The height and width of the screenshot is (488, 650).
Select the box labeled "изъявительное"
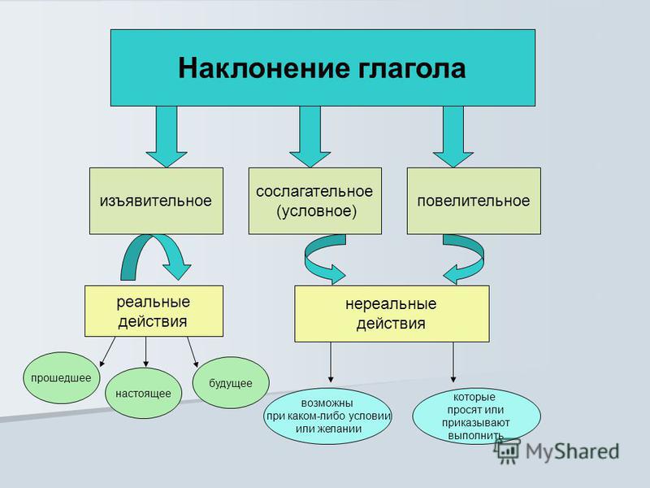tap(156, 201)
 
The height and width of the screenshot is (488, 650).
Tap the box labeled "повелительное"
tap(474, 201)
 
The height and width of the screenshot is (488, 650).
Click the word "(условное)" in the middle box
tap(316, 211)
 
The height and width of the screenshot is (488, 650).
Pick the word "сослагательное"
tap(314, 191)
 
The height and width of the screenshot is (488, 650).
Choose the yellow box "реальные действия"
tap(154, 311)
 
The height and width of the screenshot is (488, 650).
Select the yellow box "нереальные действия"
tap(392, 314)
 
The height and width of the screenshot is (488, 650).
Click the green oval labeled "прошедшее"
tap(62, 378)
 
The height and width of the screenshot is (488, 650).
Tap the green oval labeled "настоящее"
tap(144, 393)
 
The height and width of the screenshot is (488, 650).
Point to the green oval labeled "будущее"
tap(231, 382)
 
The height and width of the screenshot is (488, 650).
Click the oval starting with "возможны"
tap(328, 416)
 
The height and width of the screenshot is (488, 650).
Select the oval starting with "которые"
tap(476, 416)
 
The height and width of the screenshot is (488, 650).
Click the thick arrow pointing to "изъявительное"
tap(167, 137)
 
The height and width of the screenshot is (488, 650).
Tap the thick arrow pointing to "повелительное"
tap(453, 137)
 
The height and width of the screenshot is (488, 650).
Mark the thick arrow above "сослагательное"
tap(310, 137)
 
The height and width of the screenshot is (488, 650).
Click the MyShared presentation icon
tap(507, 451)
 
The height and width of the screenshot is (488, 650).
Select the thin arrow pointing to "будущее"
tap(193, 352)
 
